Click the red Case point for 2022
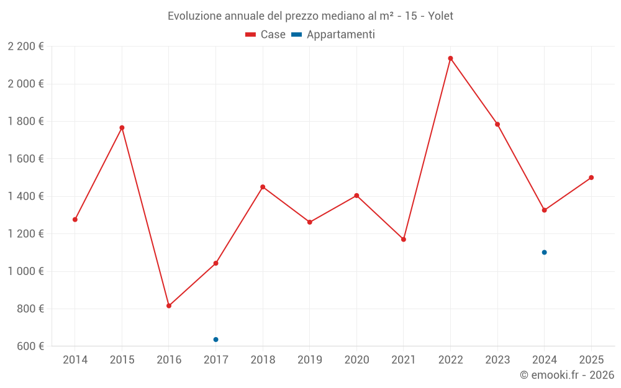click(450, 58)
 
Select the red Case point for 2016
click(169, 305)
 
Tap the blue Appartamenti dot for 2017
click(215, 340)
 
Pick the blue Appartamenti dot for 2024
click(544, 252)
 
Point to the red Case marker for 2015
click(122, 128)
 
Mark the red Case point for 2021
click(404, 239)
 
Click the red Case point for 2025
click(591, 178)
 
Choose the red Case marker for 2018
click(263, 187)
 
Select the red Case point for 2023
click(497, 124)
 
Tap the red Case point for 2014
click(75, 219)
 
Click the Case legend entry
click(265, 35)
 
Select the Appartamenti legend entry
click(333, 35)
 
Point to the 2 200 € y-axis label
click(25, 47)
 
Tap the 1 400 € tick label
click(25, 196)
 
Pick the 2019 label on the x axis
click(309, 360)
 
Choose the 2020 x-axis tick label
click(356, 360)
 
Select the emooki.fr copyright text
click(567, 375)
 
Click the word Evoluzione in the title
click(194, 16)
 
